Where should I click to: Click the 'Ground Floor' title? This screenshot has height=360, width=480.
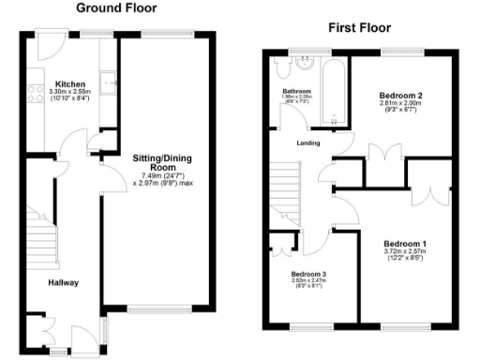point(115,8)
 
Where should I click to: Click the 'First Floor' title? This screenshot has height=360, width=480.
point(359,28)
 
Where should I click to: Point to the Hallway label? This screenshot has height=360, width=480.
point(64,282)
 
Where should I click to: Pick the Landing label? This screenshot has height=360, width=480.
point(307,142)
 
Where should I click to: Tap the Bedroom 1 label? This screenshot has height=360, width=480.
point(405,243)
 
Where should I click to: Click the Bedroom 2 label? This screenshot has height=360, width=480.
point(401,96)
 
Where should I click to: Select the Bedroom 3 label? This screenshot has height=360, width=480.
point(309,274)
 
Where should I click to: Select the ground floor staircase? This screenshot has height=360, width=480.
point(39,234)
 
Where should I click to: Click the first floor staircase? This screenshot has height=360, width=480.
point(285,192)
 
